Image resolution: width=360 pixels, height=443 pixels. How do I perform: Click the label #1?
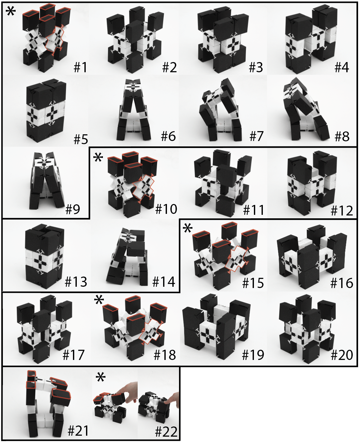pos(80,67)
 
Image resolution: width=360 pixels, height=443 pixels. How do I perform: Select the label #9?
pos(73,209)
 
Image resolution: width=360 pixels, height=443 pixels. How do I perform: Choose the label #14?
pos(164,282)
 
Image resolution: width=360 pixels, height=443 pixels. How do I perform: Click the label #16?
pos(342,283)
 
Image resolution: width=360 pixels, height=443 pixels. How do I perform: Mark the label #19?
pos(253,355)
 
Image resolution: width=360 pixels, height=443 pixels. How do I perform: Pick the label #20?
pos(342,355)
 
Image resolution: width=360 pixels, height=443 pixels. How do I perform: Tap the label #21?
pos(78,431)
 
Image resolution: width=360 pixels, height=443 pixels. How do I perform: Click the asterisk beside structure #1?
pos(11,11)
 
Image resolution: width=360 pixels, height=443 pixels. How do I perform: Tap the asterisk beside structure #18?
pos(99,300)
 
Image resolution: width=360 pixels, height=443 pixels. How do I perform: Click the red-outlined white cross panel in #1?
pos(55,39)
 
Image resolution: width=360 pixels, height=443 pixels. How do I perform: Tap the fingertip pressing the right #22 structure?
pos(166,403)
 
